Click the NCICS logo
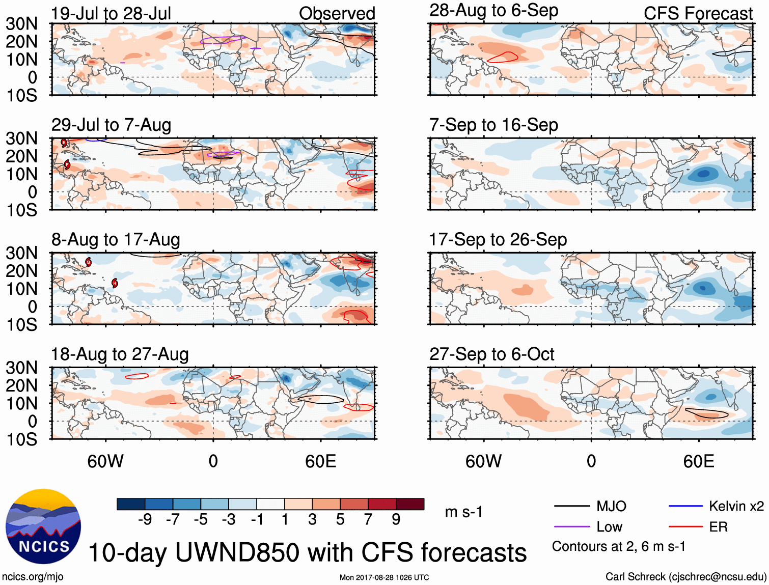click(x=43, y=526)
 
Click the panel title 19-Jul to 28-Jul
click(x=111, y=14)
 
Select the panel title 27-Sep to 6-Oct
click(x=491, y=354)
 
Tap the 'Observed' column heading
click(x=337, y=14)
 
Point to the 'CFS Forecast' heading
click(x=698, y=14)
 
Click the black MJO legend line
click(x=571, y=506)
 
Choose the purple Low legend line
click(x=571, y=527)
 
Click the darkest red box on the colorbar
click(x=410, y=504)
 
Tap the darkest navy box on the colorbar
click(x=131, y=504)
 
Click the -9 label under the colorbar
click(x=145, y=519)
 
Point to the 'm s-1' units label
click(x=463, y=512)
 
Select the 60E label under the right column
click(x=699, y=461)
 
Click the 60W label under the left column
click(x=105, y=461)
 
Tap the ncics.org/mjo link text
click(x=33, y=577)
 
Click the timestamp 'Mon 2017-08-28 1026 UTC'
click(x=384, y=577)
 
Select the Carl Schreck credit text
click(x=685, y=576)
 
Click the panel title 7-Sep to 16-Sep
click(x=493, y=125)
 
